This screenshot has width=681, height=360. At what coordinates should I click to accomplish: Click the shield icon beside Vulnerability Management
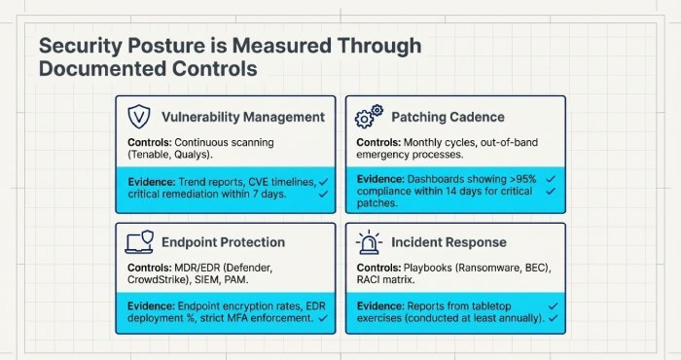139,117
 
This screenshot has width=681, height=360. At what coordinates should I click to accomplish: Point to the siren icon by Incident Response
370,241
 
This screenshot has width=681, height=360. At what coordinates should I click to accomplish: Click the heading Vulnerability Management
241,117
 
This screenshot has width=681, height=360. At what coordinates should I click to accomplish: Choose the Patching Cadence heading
448,117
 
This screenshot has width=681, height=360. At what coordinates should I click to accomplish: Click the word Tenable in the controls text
153,155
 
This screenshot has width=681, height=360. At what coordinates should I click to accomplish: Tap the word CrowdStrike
162,280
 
